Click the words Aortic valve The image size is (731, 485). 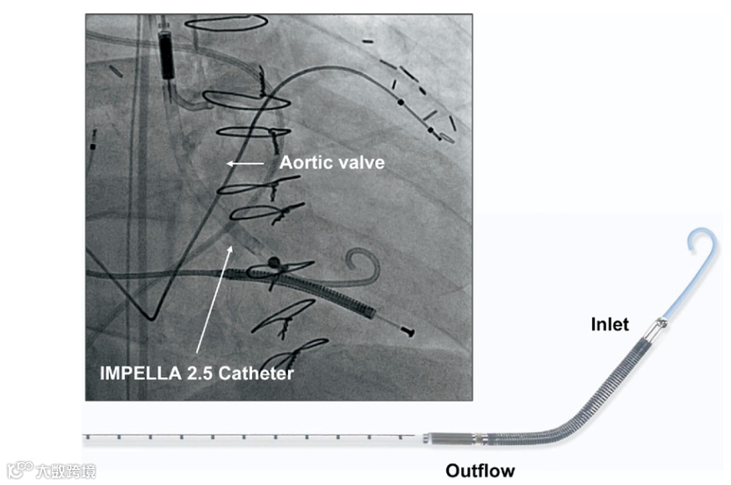331,163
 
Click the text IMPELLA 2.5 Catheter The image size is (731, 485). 196,373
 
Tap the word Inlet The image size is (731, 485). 609,325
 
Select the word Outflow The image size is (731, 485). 480,471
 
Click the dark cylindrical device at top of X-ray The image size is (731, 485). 165,53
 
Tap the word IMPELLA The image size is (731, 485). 134,373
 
